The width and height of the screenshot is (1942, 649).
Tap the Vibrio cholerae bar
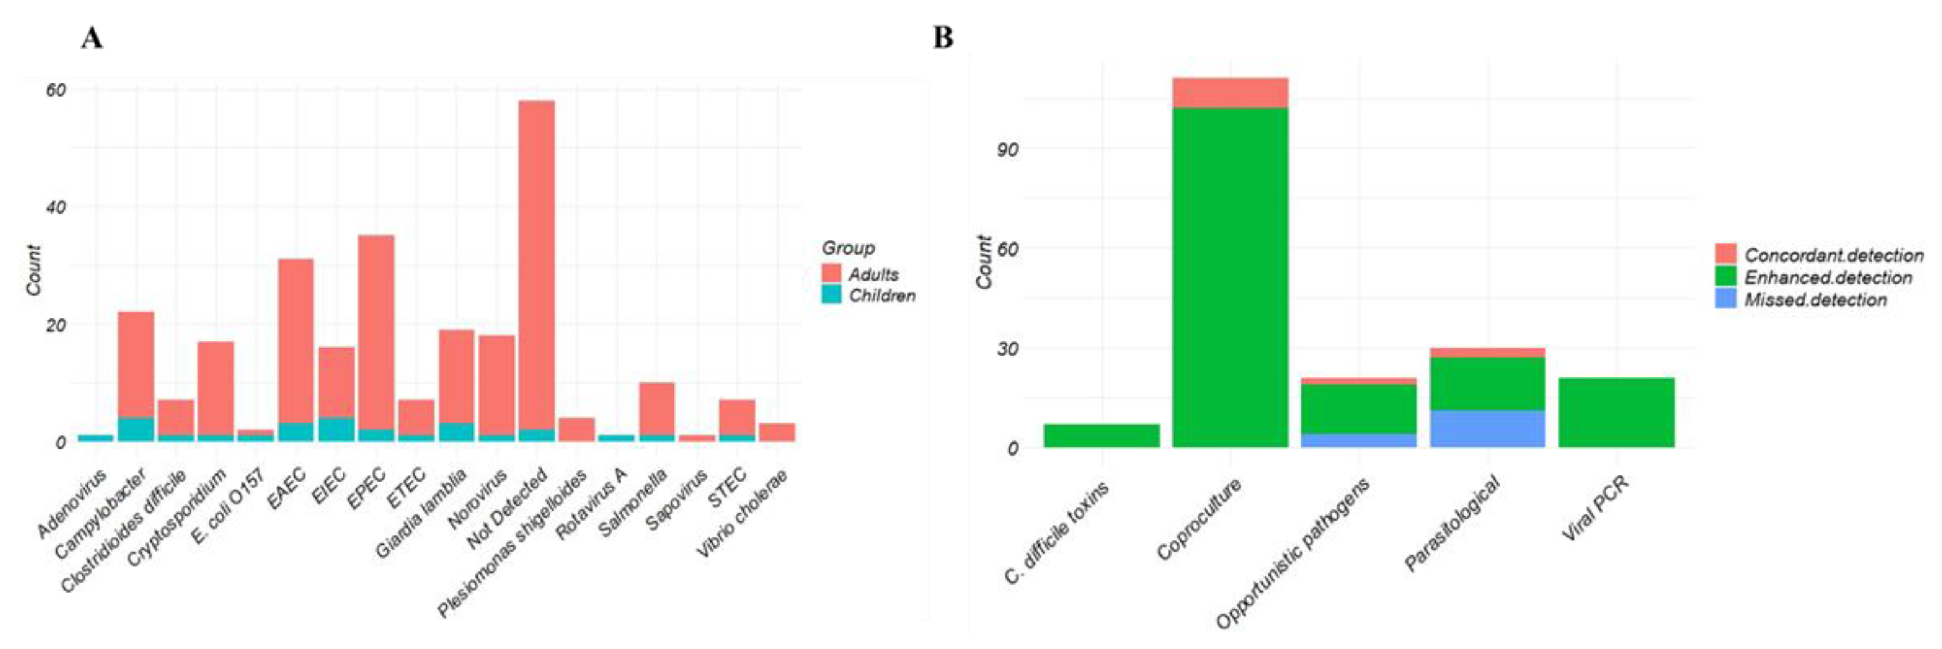point(777,433)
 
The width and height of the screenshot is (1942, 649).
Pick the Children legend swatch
point(831,294)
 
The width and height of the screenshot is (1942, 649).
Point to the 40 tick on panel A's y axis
point(56,207)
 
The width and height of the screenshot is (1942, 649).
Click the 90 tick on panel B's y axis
point(1007,149)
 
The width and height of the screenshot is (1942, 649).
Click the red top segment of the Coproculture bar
point(1230,93)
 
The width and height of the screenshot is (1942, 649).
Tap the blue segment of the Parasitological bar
point(1488,429)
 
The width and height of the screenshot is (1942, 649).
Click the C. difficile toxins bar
point(1101,435)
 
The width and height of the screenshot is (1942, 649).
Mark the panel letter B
point(943,38)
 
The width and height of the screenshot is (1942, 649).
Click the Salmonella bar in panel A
point(657,411)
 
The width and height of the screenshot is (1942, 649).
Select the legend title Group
point(848,248)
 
